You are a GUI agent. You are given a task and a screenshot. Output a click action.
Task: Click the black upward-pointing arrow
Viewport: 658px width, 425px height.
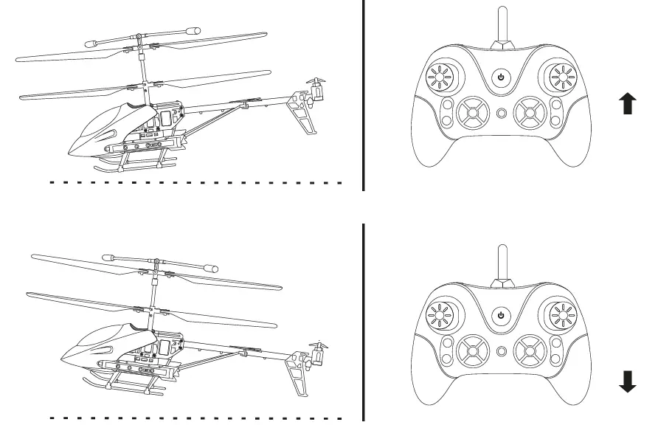[x=628, y=104]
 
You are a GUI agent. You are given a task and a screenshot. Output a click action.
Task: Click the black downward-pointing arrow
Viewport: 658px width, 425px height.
[x=628, y=382]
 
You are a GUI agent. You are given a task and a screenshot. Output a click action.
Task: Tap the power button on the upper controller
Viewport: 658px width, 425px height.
[x=502, y=77]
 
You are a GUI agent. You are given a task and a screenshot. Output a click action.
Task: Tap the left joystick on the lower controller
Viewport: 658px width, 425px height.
[x=441, y=314]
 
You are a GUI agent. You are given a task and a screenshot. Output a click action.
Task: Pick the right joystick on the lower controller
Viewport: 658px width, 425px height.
[x=561, y=314]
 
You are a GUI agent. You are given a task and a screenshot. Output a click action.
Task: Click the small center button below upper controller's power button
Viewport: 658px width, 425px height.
[x=502, y=114]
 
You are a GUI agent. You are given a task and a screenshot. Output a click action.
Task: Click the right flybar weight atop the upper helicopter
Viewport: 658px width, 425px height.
[x=193, y=32]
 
